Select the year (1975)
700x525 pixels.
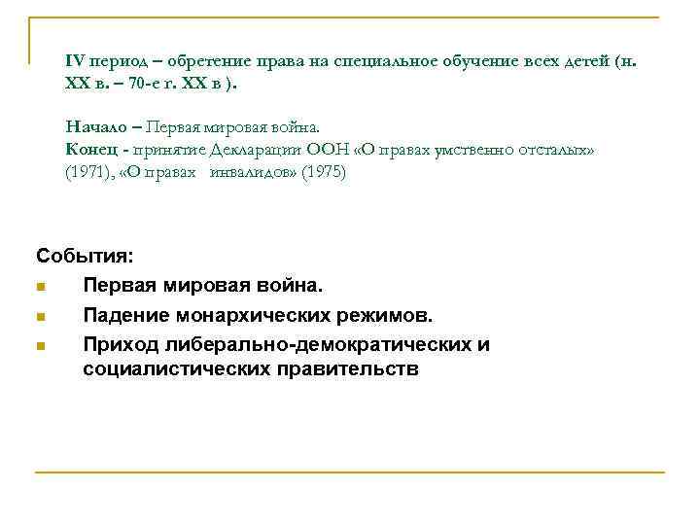(x=322, y=172)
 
